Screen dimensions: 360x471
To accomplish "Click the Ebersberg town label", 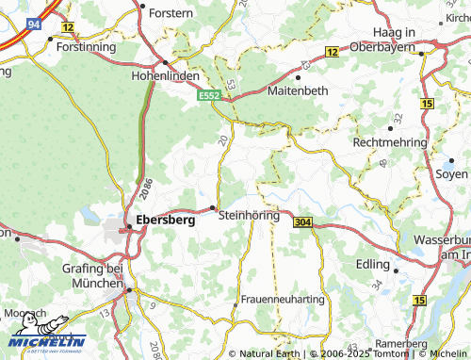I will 166,220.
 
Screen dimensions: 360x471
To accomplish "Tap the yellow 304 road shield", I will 302,222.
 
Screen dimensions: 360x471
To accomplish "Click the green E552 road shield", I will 209,95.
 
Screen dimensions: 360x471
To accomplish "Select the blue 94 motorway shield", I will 35,23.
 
